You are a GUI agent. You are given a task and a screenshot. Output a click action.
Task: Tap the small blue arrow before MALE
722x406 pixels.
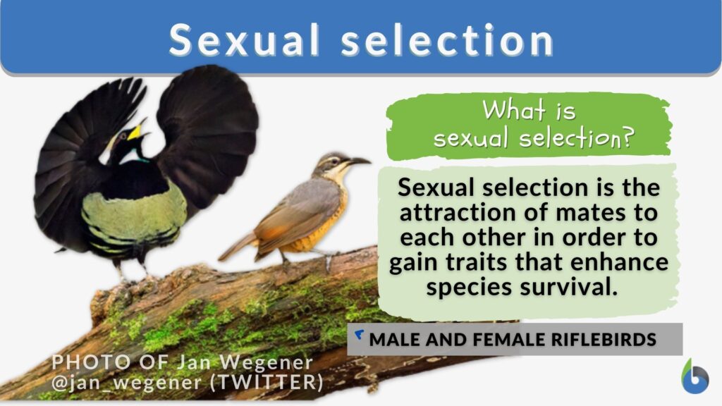(360, 334)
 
